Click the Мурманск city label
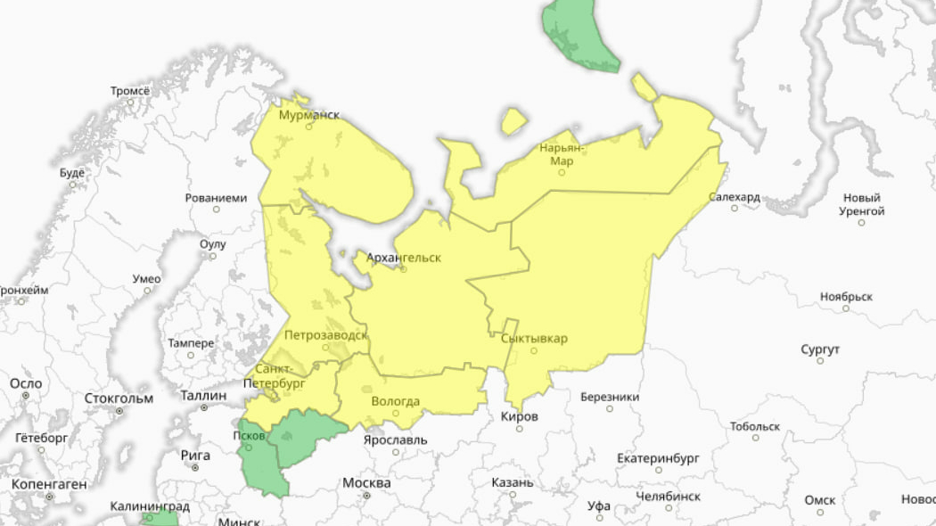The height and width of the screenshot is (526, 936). [x=309, y=115]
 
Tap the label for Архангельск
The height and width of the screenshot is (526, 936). [x=404, y=257]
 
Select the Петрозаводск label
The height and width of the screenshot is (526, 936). [x=325, y=335]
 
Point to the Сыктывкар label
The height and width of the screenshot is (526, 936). [x=534, y=338]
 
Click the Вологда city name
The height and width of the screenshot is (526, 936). [x=395, y=401]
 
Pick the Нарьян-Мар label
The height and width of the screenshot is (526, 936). [x=562, y=153]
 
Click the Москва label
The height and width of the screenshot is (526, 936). [x=366, y=482]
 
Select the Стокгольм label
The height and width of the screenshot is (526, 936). [x=119, y=398]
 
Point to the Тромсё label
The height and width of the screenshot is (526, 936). [x=130, y=91]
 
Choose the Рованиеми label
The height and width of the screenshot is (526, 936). [x=216, y=198]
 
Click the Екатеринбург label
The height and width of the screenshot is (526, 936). [x=658, y=457]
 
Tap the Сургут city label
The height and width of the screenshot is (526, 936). [x=819, y=348]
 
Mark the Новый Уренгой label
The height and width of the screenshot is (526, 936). [x=862, y=204]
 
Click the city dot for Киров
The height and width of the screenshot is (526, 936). [x=520, y=429]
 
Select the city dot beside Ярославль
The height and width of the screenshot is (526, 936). [x=396, y=452]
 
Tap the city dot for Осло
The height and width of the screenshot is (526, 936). [x=26, y=395]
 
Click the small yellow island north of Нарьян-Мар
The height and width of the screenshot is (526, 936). [x=513, y=120]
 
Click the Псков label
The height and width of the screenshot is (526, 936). [x=248, y=435]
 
